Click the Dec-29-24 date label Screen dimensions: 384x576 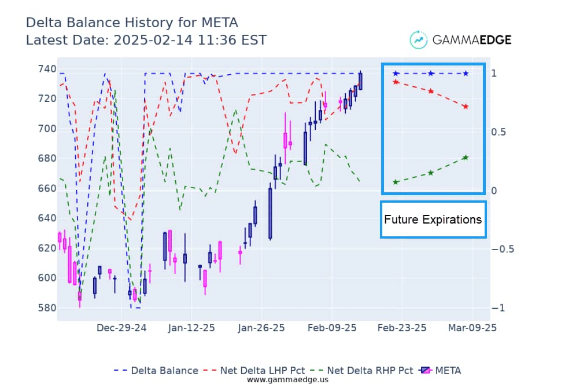tap(121, 328)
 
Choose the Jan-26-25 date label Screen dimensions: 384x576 tap(260, 328)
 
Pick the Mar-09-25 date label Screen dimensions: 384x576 tap(472, 328)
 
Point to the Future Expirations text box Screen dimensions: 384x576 tap(433, 220)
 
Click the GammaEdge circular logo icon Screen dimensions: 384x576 tap(418, 39)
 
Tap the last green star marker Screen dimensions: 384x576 tap(466, 157)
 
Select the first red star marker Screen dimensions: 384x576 tap(396, 82)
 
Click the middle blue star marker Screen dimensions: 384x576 tap(431, 74)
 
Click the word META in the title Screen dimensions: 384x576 tap(219, 23)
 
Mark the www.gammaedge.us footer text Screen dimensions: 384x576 tap(287, 379)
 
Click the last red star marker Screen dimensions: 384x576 tap(466, 107)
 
